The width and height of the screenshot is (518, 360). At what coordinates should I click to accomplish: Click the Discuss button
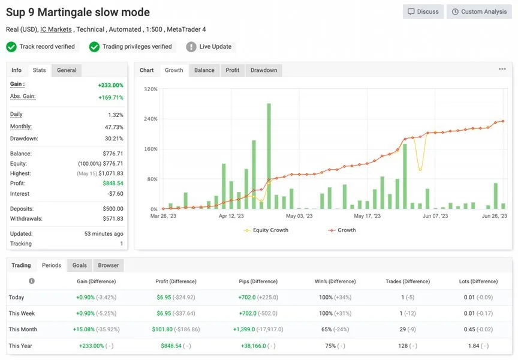[x=423, y=11]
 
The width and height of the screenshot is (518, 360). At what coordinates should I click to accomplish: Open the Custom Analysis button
[x=479, y=11]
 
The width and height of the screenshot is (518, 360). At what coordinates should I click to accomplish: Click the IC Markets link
[x=56, y=29]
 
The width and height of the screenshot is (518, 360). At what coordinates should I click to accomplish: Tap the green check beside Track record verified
[x=11, y=47]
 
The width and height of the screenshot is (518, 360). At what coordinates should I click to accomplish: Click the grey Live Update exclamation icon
[x=191, y=47]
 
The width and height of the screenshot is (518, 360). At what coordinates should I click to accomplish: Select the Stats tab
[x=40, y=70]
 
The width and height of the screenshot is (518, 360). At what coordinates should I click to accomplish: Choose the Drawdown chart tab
[x=264, y=70]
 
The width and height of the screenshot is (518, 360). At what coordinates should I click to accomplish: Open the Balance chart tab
[x=204, y=70]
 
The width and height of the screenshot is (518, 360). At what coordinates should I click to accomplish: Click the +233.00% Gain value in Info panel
[x=111, y=85]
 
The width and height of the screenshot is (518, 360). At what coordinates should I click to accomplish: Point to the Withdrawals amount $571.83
[x=113, y=218]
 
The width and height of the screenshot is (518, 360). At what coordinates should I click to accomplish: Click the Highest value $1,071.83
[x=111, y=173]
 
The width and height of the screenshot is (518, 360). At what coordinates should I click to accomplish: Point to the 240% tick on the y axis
[x=150, y=119]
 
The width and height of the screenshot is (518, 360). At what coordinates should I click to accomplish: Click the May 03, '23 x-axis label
[x=299, y=216]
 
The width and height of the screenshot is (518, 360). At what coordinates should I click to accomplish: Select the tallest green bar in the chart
[x=269, y=156]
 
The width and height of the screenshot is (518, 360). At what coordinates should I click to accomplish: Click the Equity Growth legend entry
[x=266, y=230]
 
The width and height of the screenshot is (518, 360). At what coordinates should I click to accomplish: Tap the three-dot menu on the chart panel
[x=502, y=69]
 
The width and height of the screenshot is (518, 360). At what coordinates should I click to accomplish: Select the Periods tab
[x=52, y=265]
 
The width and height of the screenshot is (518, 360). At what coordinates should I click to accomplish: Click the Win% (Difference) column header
[x=335, y=281]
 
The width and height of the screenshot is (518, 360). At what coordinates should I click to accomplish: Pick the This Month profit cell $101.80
[x=162, y=329]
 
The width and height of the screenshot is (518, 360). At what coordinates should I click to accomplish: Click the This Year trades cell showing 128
[x=403, y=346]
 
